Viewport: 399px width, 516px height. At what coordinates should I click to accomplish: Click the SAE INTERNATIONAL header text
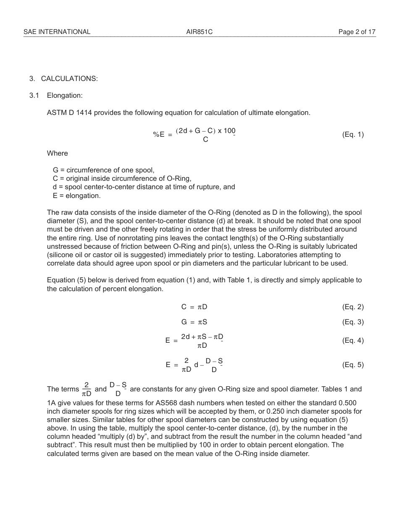pyautogui.click(x=57, y=32)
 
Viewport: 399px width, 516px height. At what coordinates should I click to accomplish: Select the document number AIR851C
pyautogui.click(x=199, y=32)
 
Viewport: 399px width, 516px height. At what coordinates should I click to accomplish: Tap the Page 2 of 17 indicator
pyautogui.click(x=357, y=32)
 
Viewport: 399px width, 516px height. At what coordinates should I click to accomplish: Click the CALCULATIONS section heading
pyautogui.click(x=69, y=79)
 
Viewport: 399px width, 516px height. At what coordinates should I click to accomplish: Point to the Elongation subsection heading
pyautogui.click(x=65, y=96)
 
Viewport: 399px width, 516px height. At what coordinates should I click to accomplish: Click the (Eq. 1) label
pyautogui.click(x=353, y=135)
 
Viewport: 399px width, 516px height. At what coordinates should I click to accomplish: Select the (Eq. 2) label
pyautogui.click(x=353, y=307)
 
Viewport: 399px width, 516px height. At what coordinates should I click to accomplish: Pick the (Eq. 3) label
pyautogui.click(x=353, y=322)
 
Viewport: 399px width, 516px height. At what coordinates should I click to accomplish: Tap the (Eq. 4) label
pyautogui.click(x=353, y=341)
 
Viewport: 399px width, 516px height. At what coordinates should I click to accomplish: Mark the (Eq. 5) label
pyautogui.click(x=353, y=365)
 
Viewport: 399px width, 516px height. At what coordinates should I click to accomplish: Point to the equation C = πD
pyautogui.click(x=194, y=307)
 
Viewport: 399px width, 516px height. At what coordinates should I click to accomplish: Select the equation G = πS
pyautogui.click(x=194, y=322)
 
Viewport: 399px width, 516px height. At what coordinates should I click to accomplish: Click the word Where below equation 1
pyautogui.click(x=57, y=154)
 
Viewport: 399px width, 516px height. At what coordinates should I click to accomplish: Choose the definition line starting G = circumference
pyautogui.click(x=103, y=170)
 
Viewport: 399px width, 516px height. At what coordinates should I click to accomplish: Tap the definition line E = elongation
pyautogui.click(x=76, y=195)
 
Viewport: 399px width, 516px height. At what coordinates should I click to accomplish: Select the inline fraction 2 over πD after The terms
pyautogui.click(x=87, y=389)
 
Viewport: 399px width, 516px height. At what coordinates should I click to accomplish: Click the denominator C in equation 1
pyautogui.click(x=205, y=140)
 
